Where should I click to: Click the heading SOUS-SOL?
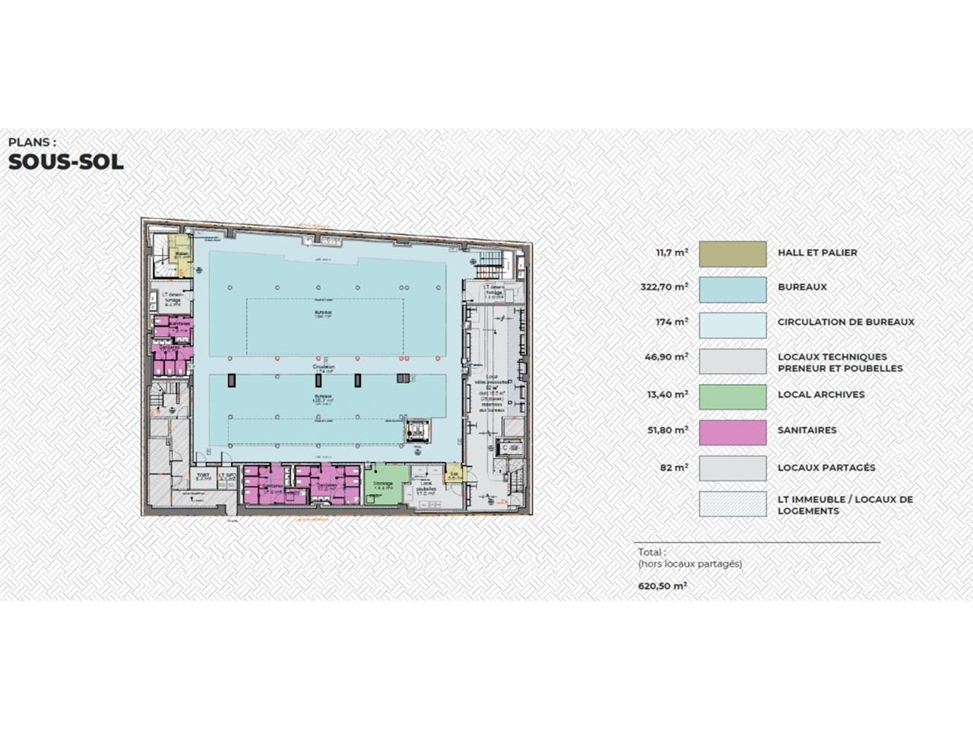65,162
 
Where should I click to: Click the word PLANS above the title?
31,141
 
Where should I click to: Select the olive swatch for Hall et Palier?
732,254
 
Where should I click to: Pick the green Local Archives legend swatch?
732,397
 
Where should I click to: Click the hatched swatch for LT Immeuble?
732,504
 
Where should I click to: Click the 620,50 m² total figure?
662,586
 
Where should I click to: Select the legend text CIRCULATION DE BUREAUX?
845,322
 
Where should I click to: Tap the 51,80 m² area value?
667,430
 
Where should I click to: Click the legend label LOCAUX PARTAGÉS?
826,468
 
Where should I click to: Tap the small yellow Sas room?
454,474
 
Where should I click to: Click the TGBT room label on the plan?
202,478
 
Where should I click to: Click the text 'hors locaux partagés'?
689,564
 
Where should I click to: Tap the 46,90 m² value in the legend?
667,357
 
